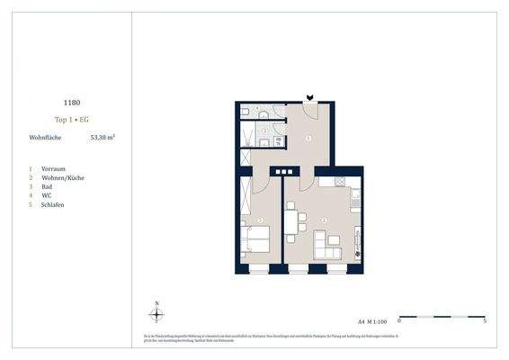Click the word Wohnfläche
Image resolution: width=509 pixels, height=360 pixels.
(45, 138)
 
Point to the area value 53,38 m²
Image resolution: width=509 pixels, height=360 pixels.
(103, 138)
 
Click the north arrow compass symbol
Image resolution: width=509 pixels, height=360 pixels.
(156, 314)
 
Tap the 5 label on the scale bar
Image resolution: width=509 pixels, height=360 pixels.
(485, 320)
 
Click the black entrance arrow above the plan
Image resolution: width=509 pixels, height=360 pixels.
(310, 96)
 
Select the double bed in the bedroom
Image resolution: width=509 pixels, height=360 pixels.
(255, 240)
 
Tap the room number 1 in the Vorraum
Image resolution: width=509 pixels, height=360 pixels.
(308, 138)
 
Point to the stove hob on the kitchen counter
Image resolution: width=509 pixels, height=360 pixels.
(341, 183)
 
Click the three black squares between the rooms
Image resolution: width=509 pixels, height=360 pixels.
(284, 172)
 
